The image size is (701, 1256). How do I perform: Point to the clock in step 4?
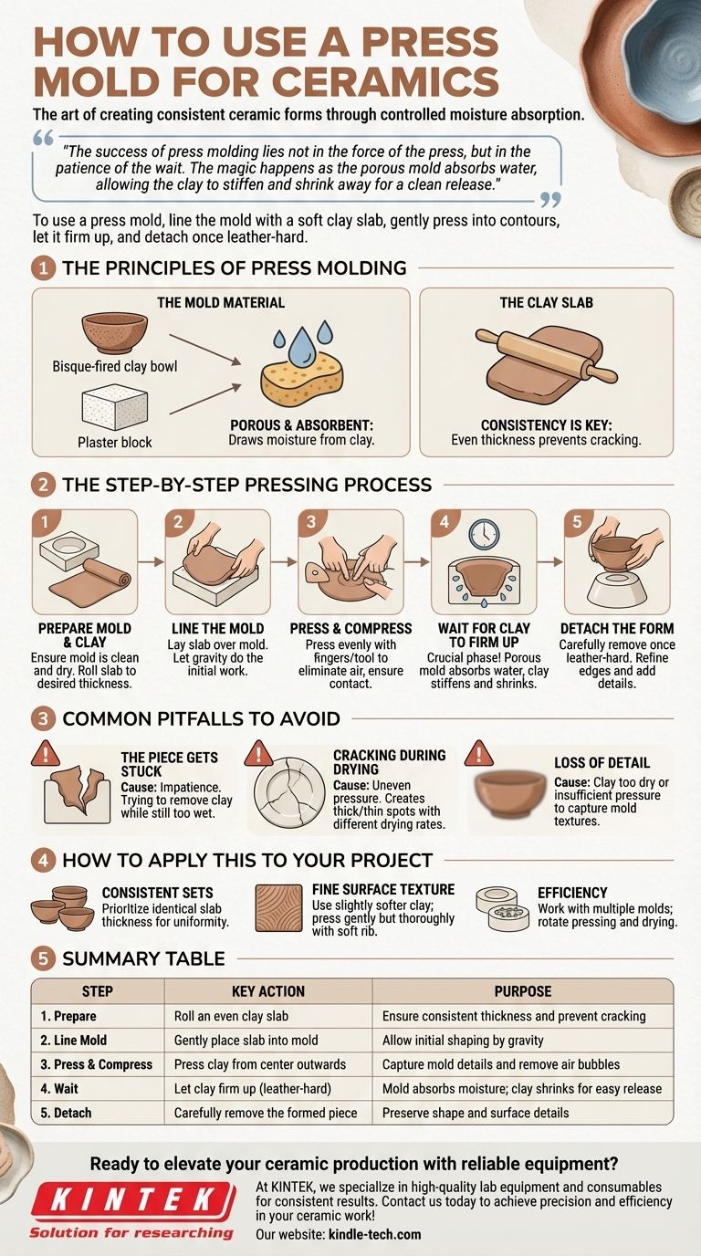point(484,534)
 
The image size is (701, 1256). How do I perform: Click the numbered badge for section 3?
point(43,719)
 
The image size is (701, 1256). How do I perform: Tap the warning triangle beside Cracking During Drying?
point(258,753)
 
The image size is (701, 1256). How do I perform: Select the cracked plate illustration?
point(289,791)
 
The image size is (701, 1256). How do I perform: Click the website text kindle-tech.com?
point(374,1234)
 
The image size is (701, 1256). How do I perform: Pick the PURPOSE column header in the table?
point(523,990)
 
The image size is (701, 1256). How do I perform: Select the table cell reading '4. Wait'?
point(59,1088)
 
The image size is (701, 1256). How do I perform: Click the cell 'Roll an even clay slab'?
point(231,1016)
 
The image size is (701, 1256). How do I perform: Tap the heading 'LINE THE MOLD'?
point(217,629)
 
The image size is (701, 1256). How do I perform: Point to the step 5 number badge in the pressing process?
point(577,522)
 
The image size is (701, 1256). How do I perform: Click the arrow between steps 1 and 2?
point(151,561)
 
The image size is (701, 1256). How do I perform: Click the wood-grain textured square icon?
point(278,908)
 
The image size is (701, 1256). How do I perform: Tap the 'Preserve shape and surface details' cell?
point(476,1113)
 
